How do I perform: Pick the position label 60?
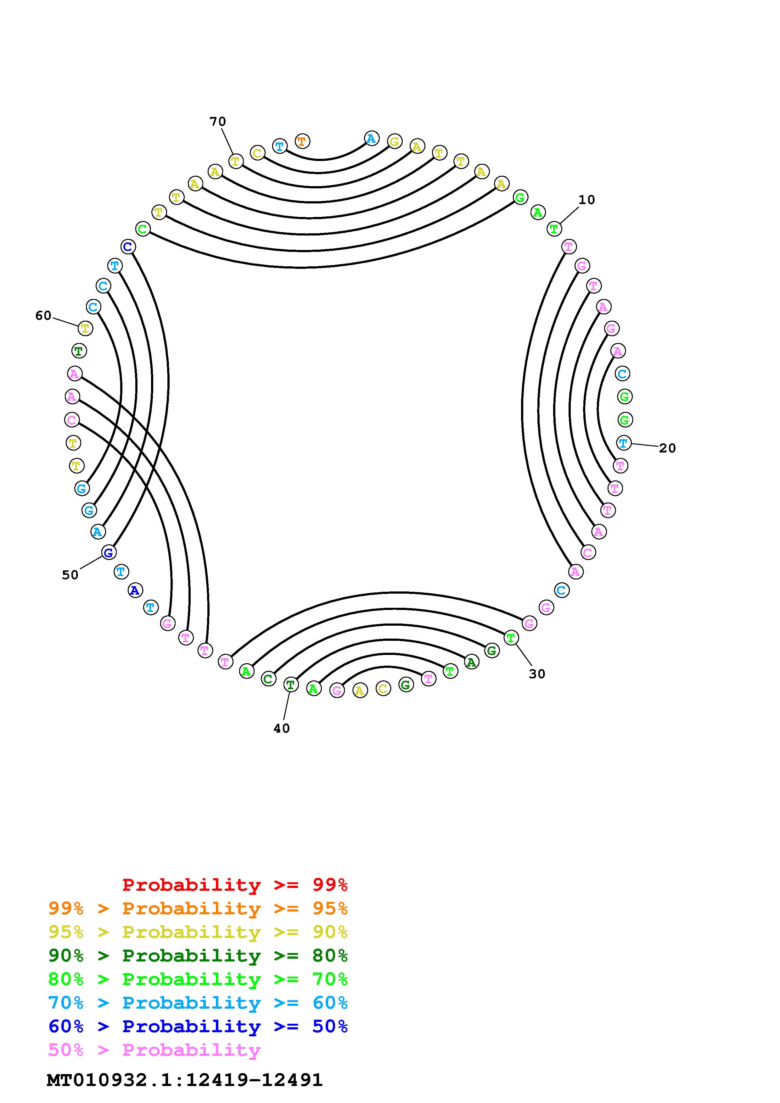43,316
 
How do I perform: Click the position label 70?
218,122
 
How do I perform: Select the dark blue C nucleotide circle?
128,247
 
